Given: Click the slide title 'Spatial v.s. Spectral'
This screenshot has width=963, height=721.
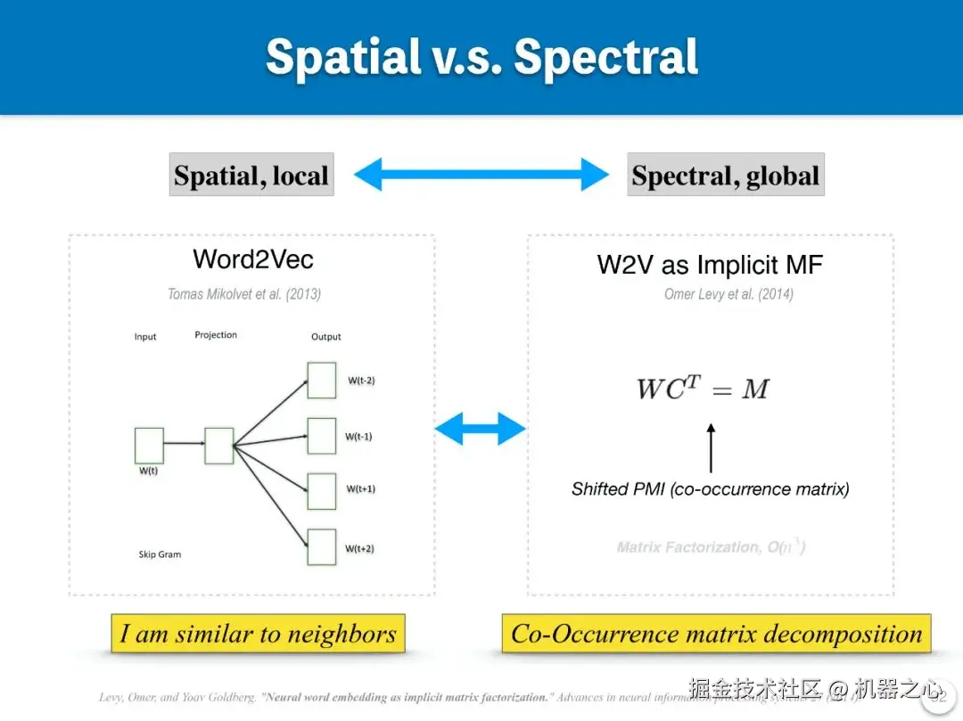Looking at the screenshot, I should pos(481,57).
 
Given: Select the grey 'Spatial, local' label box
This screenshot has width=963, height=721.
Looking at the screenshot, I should pos(251,175).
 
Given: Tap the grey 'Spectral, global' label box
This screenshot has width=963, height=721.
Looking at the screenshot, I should pos(725,175).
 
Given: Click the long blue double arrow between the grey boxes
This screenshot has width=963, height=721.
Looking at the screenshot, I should pos(481,174).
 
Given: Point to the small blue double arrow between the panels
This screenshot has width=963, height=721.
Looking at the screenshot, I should pos(480,429).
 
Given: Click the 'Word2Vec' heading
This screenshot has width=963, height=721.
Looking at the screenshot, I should pos(253,259).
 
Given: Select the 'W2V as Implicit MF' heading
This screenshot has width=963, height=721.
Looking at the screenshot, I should pos(710,265).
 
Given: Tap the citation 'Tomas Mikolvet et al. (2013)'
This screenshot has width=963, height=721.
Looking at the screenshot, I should pos(244,294).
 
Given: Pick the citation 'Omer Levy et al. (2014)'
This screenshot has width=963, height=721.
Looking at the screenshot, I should pos(728,294).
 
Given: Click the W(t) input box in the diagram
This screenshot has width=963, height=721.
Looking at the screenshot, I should pos(149,446).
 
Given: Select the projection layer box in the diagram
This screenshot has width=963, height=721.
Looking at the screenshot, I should pos(218,446).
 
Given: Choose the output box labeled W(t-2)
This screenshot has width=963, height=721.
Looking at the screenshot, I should pos(321,380).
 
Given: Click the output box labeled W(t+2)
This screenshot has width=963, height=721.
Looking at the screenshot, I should pos(321,546).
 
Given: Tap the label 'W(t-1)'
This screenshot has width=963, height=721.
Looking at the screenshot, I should pos(358,437).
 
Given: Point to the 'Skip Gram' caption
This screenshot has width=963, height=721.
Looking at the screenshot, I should pos(160,554).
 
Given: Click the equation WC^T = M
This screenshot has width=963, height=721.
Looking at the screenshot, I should pos(703,389).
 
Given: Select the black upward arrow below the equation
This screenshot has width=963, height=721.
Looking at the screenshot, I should pos(711,447).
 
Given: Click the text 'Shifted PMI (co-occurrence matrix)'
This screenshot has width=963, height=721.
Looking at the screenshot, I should pos(711,489).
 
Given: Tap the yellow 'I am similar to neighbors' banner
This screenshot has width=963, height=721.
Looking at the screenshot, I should pos(258,634).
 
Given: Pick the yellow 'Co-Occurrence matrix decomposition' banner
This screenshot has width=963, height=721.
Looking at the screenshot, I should pos(716,634).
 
